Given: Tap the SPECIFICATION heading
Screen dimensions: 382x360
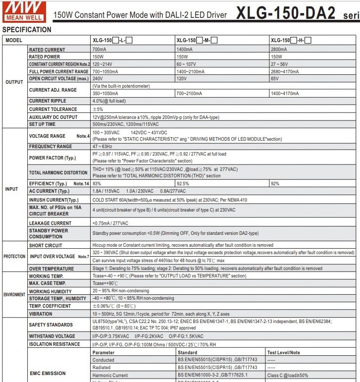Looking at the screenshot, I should click(x=27, y=30).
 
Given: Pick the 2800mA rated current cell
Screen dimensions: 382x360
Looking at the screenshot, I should click(x=279, y=50).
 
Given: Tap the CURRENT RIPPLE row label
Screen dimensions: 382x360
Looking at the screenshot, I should click(x=48, y=102).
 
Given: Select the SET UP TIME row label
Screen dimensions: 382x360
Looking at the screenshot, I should click(x=43, y=124).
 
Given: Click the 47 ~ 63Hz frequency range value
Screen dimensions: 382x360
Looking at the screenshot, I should click(x=102, y=147).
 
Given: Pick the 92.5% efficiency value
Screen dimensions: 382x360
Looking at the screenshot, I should click(x=183, y=184).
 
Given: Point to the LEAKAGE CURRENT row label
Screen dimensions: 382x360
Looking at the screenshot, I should click(x=50, y=223).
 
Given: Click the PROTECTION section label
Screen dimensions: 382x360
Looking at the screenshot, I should click(x=15, y=257).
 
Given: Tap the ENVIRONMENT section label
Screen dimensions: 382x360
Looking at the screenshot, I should click(x=15, y=294).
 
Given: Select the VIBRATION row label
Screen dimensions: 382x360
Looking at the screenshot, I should click(x=41, y=314).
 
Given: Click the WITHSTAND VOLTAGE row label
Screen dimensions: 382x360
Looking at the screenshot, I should click(x=52, y=336).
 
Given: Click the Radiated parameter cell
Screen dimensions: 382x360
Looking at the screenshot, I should click(x=102, y=368).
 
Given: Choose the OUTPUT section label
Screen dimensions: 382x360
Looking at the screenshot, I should click(x=14, y=82).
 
